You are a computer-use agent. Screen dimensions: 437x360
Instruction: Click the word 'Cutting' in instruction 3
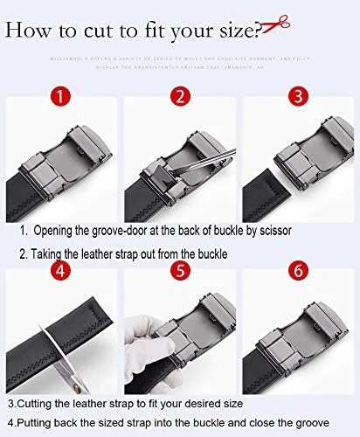pos(36,405)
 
